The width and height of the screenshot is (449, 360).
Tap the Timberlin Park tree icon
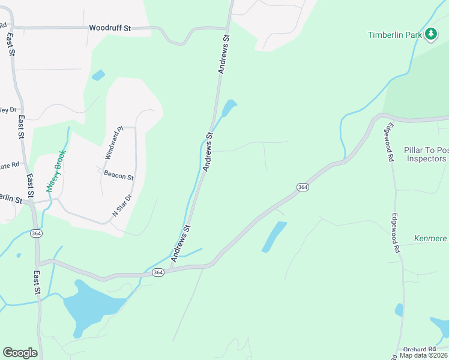click(430, 34)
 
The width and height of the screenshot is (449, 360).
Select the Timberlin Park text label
click(395, 35)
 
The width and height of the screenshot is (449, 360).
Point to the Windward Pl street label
click(113, 143)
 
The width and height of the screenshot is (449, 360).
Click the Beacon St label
click(118, 176)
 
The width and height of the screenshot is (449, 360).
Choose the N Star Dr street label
click(122, 205)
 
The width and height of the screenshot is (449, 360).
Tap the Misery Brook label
click(56, 170)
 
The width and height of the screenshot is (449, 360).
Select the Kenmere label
click(431, 239)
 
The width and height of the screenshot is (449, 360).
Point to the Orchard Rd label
click(419, 349)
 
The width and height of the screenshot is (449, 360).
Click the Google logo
click(20, 353)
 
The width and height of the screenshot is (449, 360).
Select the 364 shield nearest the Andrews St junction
click(157, 272)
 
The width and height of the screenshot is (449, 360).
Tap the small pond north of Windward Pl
click(98, 75)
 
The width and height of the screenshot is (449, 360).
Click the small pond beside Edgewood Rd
click(399, 310)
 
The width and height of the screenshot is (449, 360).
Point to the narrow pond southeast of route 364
click(274, 237)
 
